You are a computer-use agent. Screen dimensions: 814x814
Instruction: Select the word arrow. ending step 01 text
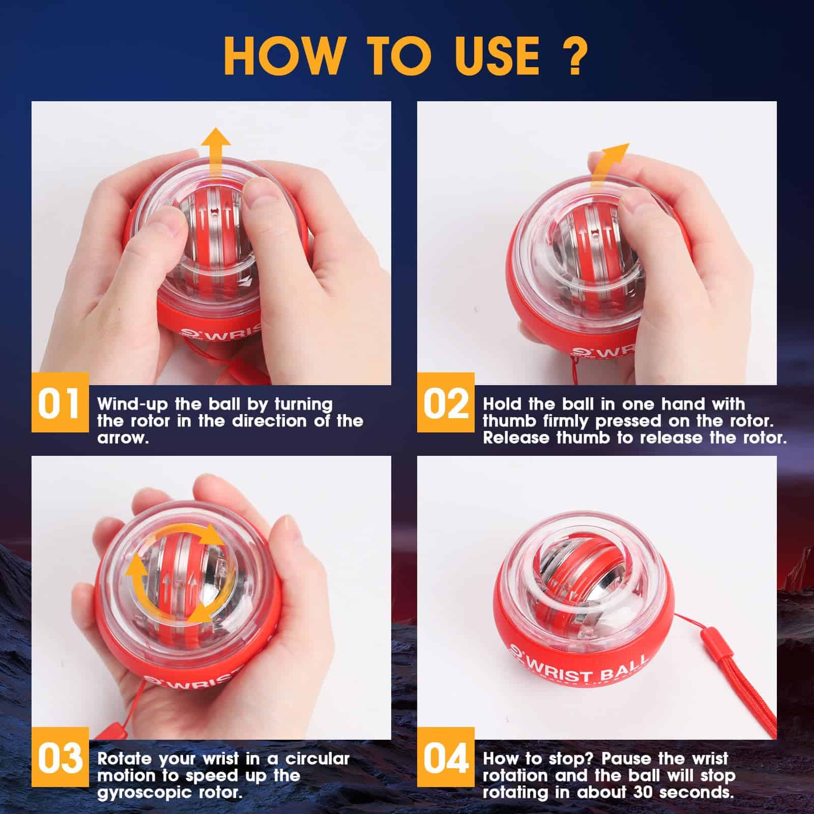[x=123, y=438]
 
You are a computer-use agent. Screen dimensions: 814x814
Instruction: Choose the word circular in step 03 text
[x=317, y=759]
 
